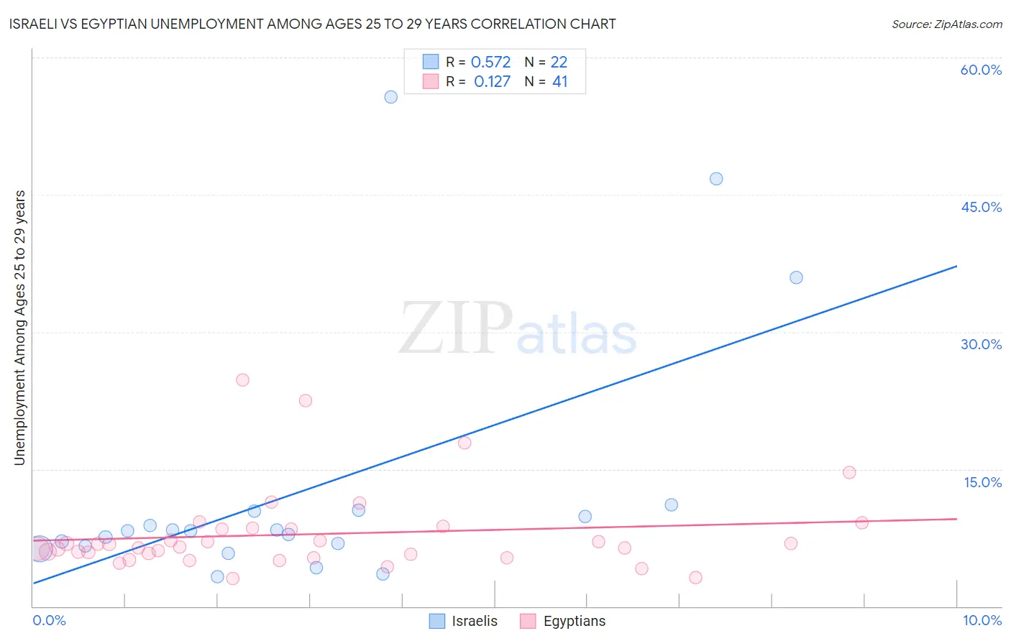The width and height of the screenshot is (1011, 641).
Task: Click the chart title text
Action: [x=313, y=24]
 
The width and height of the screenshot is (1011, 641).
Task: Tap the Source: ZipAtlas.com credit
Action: [x=946, y=24]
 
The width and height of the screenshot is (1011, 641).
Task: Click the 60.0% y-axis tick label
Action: [x=981, y=70]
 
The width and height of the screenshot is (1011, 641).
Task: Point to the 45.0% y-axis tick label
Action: [x=981, y=207]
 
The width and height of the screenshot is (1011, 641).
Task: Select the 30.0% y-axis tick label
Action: [x=981, y=344]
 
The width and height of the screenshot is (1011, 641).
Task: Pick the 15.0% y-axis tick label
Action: [x=982, y=482]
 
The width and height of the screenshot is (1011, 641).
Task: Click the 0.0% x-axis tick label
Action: [x=49, y=620]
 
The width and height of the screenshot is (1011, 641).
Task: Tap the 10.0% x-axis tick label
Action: [x=982, y=620]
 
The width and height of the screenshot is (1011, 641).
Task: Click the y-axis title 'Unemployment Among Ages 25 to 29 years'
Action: [x=19, y=328]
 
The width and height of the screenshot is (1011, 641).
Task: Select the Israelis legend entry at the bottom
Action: [x=464, y=621]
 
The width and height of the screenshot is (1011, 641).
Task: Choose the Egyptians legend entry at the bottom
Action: [x=564, y=621]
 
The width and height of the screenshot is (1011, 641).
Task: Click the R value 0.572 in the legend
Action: [x=490, y=63]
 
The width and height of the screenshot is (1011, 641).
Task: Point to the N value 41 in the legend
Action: [x=559, y=82]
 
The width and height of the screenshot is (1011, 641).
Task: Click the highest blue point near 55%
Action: [x=390, y=97]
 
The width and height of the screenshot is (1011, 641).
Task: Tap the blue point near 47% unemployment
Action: [x=716, y=179]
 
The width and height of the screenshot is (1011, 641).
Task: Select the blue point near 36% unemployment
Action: [x=796, y=277]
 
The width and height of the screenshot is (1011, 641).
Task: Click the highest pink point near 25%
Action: [x=242, y=380]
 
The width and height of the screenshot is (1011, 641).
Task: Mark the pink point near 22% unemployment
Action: [x=306, y=400]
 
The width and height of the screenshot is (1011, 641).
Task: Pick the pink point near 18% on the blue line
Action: [x=465, y=443]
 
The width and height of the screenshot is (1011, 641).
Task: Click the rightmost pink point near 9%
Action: [x=861, y=522]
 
